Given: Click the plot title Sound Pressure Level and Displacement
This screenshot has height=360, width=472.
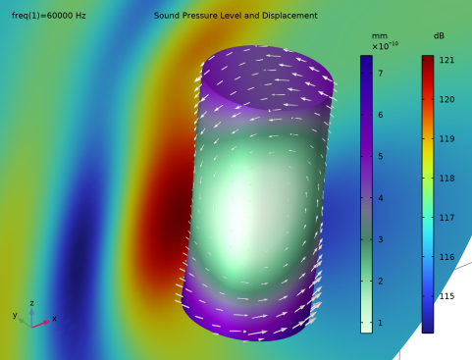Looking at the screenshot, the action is coord(236,16).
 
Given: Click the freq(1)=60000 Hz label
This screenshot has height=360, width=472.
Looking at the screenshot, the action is coord(49,16).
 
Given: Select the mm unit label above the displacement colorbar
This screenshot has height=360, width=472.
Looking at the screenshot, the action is coord(380,36).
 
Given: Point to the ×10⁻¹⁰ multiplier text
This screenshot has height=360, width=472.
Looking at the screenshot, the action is coord(385,46).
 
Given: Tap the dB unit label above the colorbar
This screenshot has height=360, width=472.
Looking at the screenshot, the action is coord(439,35).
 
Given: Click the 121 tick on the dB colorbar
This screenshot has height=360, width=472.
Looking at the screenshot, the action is coord(446,60).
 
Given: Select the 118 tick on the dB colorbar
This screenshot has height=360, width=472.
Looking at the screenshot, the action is coord(446,179).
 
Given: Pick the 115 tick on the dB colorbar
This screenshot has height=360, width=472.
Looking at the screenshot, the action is coord(446,296).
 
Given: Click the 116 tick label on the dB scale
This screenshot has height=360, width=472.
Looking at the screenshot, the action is coord(446,257).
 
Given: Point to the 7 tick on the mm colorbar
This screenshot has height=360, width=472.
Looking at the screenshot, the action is coord(381,74).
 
